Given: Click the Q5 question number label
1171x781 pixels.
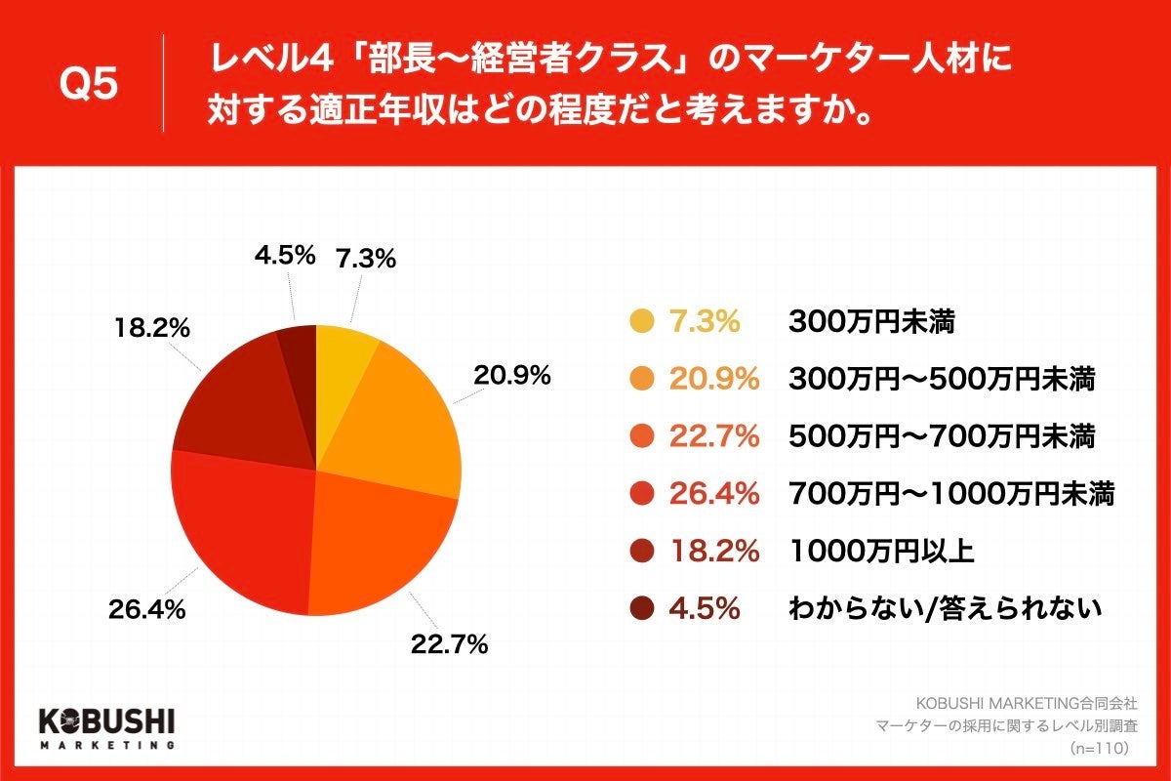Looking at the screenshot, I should coord(89,85).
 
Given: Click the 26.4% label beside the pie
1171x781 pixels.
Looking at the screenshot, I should coord(146,611).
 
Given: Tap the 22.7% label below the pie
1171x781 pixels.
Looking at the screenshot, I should coord(448,644).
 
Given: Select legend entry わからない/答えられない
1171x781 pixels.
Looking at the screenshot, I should coord(945,609).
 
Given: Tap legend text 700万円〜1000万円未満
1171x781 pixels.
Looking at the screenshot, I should coord(950,494).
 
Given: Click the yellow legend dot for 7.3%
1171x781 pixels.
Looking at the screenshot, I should coord(640,321).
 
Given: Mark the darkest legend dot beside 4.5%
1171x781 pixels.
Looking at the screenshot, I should coord(640,609).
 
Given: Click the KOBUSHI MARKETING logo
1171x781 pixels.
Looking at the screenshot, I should coord(107,725).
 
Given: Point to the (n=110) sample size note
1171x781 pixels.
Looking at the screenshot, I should coord(1100,748).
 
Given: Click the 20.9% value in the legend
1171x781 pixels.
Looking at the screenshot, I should coord(713,379).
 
